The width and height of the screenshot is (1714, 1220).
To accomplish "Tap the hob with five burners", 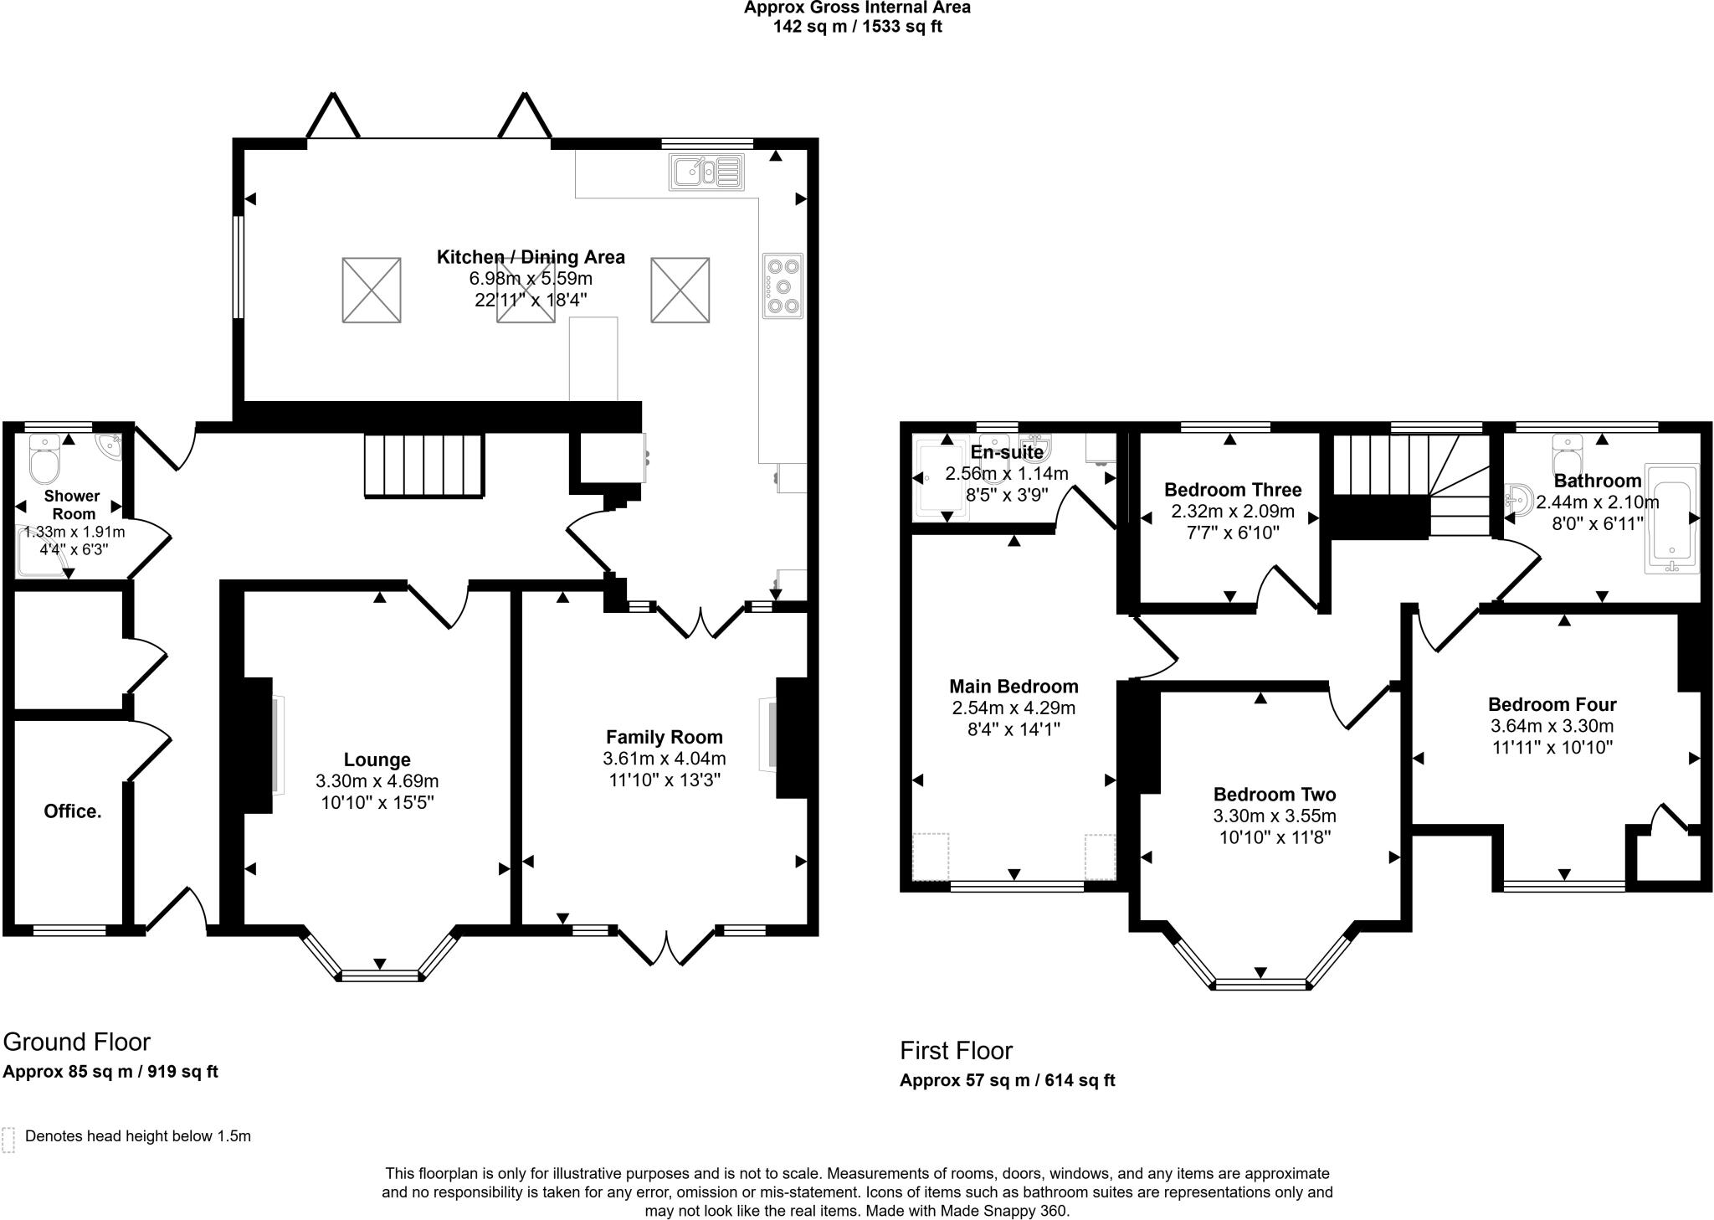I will [783, 286].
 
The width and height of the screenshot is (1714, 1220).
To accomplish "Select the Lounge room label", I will [377, 759].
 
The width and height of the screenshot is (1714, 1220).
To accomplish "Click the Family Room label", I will [664, 737].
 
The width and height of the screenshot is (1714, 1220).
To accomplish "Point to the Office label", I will [73, 811].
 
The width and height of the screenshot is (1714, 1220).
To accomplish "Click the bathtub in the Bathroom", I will [1671, 518].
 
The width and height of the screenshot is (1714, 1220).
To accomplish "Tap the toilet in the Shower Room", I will [43, 457].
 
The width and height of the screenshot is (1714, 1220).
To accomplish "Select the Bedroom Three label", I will [1233, 490].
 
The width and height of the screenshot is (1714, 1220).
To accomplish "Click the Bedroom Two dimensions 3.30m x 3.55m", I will [1275, 816].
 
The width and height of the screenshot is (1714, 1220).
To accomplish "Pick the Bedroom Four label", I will [1552, 704].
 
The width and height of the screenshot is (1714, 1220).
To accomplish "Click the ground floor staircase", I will [424, 466].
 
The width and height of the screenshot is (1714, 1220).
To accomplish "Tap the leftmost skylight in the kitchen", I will [372, 290].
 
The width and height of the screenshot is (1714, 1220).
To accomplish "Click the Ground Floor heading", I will [77, 1042].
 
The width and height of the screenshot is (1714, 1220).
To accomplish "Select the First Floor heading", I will [956, 1050].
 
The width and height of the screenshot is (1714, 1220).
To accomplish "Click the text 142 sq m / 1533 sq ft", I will [857, 27].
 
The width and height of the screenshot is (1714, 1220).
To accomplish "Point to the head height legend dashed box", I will [9, 1140].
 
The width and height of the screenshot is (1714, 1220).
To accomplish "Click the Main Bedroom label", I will [1014, 687].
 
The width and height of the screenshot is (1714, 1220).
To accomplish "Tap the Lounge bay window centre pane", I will [380, 975].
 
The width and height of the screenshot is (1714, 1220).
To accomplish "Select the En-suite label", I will [1007, 453].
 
